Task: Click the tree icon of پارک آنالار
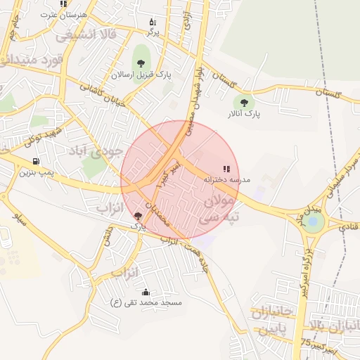[245, 103]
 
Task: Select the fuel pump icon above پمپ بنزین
[36, 161]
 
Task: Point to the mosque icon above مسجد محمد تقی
[146, 292]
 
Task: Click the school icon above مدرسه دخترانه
[226, 169]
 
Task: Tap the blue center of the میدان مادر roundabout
[313, 221]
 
